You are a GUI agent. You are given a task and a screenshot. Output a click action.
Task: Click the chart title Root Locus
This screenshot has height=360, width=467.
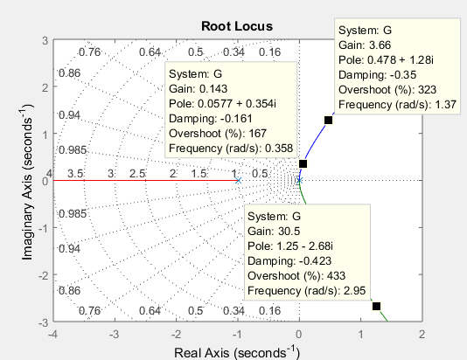click(237, 26)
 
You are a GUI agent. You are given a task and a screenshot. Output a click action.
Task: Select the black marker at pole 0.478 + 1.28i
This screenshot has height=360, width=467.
click(328, 121)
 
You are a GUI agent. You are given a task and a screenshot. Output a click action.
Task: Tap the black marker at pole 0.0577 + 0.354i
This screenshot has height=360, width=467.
click(303, 164)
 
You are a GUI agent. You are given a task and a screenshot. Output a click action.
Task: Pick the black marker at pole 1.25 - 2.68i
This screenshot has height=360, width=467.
click(376, 306)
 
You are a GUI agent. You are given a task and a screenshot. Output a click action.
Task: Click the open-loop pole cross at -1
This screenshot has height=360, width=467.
click(238, 180)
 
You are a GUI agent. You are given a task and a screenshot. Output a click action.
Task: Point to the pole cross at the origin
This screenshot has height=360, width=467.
click(299, 180)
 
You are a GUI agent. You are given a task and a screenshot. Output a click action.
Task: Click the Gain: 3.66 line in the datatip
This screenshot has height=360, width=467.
click(365, 45)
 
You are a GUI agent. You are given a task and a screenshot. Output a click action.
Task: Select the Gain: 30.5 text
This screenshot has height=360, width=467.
click(274, 232)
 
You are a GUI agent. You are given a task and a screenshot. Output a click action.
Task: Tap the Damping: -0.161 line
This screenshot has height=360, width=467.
click(210, 119)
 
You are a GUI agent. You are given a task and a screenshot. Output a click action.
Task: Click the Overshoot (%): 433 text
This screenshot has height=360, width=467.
click(296, 276)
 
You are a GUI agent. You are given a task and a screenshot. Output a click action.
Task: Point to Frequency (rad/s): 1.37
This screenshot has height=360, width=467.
click(397, 105)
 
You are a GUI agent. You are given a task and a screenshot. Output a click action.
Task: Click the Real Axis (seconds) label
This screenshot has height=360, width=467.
click(237, 352)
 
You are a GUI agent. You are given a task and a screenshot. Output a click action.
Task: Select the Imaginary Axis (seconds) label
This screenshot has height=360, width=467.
click(27, 182)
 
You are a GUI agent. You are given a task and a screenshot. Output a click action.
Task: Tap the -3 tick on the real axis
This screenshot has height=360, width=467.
click(115, 335)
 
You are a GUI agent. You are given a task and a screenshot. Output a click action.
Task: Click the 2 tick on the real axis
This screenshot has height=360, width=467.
click(422, 335)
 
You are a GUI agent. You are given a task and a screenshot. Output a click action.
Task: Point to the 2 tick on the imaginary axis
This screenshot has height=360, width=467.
click(45, 87)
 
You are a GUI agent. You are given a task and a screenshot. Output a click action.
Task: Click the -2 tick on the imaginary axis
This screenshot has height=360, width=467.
click(44, 275)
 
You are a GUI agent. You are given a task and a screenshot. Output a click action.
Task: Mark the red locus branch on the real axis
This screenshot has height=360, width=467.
click(146, 180)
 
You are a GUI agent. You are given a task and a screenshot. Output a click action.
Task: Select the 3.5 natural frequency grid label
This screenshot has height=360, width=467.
click(75, 174)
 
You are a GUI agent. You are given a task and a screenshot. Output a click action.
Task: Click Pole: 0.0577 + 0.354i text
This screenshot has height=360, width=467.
click(222, 104)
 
